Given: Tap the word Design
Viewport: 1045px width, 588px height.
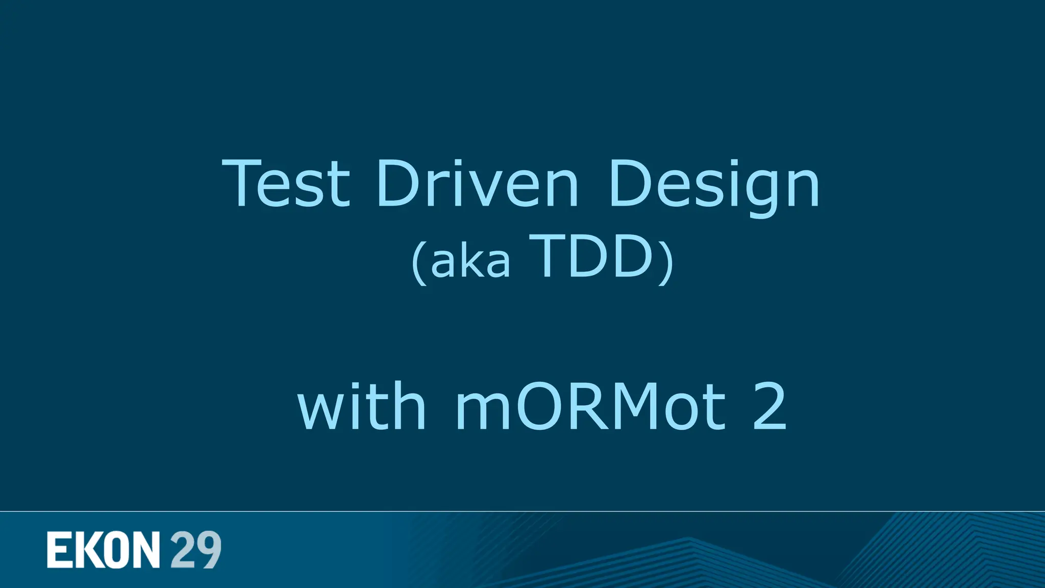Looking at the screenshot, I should (713, 185).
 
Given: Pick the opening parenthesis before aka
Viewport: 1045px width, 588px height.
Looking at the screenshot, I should (419, 262).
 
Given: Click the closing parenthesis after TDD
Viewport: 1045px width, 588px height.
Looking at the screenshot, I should (665, 262).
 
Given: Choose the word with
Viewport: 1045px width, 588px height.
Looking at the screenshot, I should (361, 406).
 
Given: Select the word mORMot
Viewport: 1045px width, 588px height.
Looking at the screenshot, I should (590, 407).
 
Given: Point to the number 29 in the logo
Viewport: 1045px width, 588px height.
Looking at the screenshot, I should (196, 550).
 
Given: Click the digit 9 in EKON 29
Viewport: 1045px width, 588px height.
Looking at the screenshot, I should (209, 550).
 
